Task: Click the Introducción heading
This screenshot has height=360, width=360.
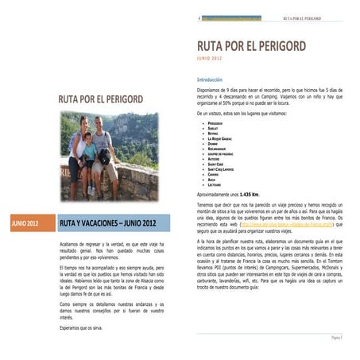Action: [211, 79]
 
